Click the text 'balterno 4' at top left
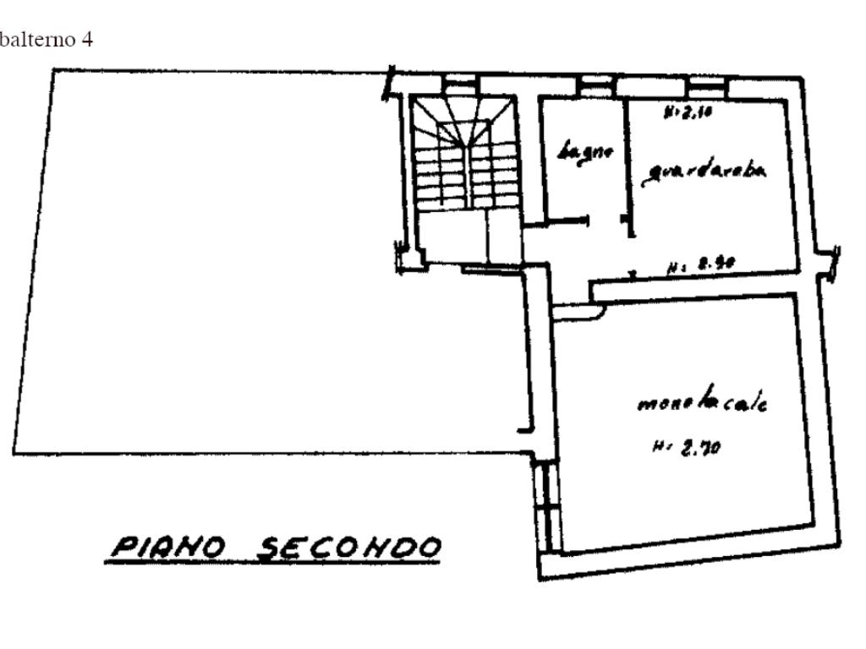tap(46, 41)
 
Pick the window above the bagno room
tap(596, 84)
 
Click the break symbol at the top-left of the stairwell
tap(390, 85)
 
